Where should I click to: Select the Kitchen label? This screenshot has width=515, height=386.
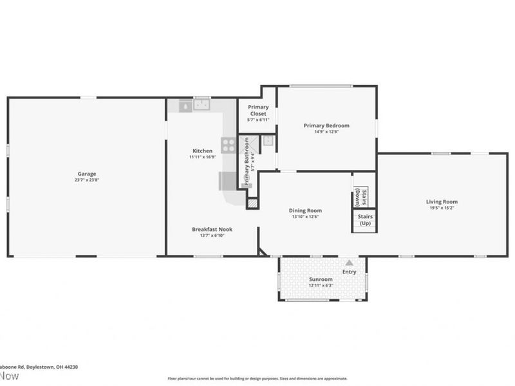coord(201,151)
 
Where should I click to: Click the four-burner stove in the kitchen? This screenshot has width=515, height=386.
coord(228,145)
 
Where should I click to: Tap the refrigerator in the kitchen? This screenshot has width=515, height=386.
coord(227,181)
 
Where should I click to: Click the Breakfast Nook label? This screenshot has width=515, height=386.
coord(212,229)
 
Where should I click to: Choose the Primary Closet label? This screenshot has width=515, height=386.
coord(258,110)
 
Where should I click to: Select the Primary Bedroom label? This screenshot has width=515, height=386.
coord(326,125)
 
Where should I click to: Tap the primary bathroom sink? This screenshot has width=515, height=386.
coord(269,142)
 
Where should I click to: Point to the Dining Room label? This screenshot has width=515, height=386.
coord(305,210)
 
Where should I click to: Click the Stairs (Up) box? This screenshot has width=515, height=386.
coord(364,220)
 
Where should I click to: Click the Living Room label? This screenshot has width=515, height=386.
coord(442,202)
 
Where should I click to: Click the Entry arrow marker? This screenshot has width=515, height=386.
coord(349,262)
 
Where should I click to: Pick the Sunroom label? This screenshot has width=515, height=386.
coord(321,279)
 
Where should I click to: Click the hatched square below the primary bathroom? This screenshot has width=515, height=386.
coord(252,203)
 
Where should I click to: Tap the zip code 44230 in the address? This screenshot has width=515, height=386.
coord(70,366)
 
